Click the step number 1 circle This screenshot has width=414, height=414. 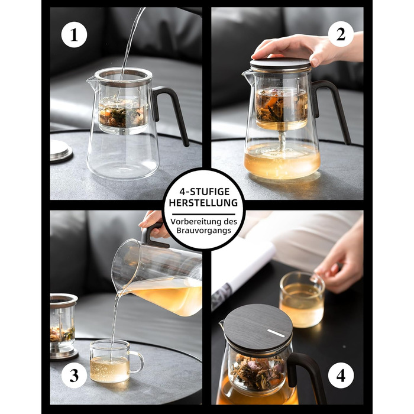click(74, 34)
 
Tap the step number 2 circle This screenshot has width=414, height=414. click(341, 34)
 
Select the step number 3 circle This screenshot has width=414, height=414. click(74, 375)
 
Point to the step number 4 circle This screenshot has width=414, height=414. click(341, 375)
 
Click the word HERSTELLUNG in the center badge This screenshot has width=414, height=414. click(203, 203)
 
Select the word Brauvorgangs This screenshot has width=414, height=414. click(203, 230)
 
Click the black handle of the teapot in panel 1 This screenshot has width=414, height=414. click(172, 111)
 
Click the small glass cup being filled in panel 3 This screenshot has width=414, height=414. click(114, 360)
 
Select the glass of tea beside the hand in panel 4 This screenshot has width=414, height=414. click(302, 300)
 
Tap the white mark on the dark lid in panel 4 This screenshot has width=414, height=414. click(276, 333)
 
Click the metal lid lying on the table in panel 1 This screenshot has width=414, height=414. click(62, 150)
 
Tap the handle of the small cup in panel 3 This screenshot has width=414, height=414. click(138, 362)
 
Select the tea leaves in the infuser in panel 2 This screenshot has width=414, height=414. click(282, 106)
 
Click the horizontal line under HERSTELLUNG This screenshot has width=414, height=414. click(203, 214)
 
